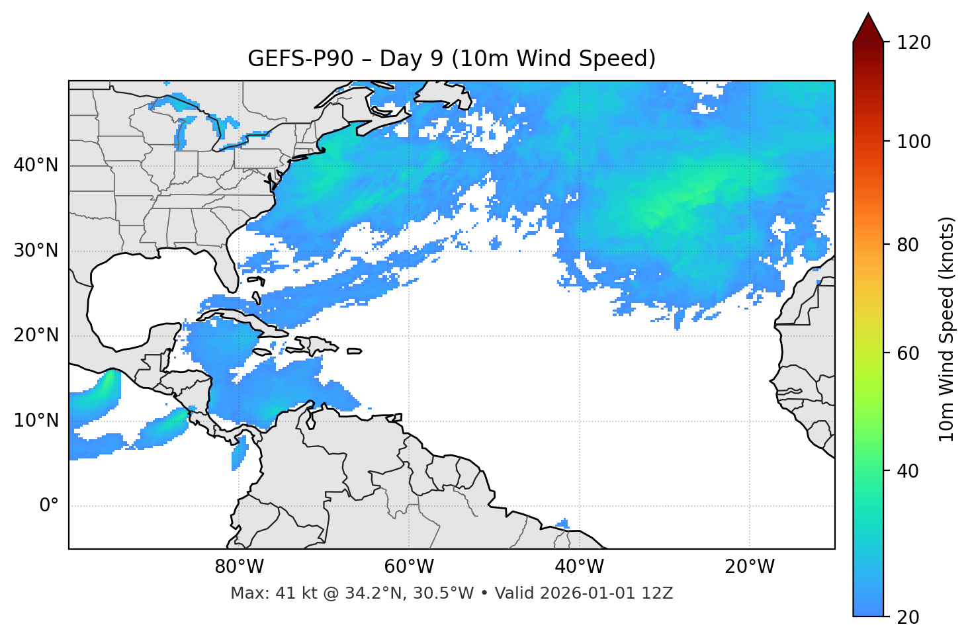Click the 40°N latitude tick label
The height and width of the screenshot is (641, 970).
click(36, 165)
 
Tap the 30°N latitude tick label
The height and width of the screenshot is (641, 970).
click(36, 251)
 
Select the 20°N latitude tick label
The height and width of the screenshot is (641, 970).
click(36, 335)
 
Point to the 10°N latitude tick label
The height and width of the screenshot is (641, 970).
click(36, 421)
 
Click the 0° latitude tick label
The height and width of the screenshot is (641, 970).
click(48, 506)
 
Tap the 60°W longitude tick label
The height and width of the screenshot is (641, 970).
click(408, 567)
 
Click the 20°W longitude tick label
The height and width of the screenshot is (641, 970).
click(749, 567)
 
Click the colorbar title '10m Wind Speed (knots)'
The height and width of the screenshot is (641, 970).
click(947, 329)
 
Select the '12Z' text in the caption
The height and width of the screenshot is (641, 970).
click(659, 593)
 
